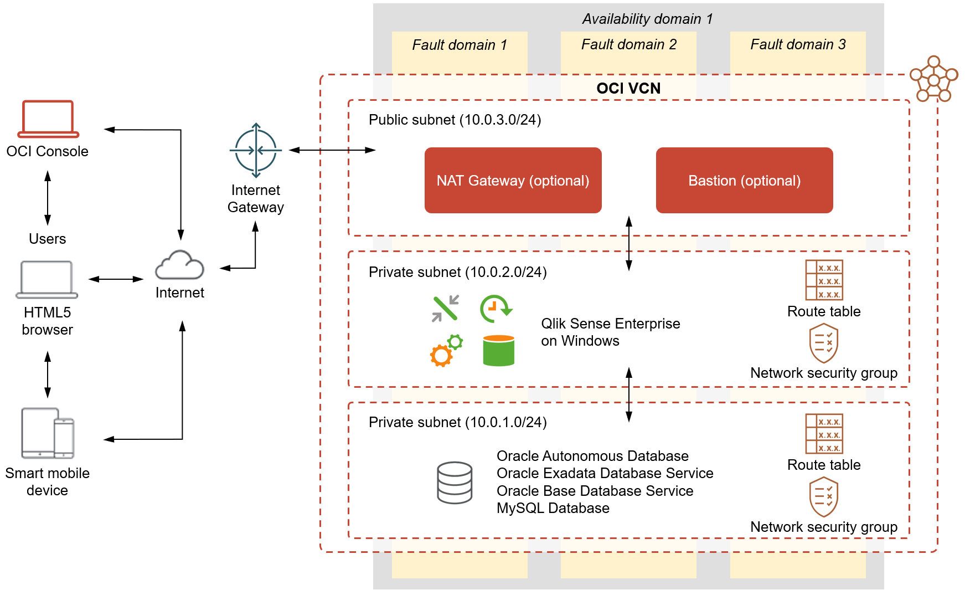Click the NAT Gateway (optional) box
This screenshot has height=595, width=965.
tap(513, 180)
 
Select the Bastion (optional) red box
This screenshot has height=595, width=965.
tap(744, 180)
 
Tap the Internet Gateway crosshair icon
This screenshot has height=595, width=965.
tap(255, 150)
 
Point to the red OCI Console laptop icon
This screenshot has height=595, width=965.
tap(48, 119)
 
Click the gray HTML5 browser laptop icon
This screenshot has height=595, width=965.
tap(47, 280)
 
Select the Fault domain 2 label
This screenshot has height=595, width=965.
tap(628, 44)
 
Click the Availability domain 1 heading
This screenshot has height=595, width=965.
tap(647, 19)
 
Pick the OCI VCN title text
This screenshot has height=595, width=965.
tap(628, 88)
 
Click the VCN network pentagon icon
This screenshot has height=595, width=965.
tap(933, 79)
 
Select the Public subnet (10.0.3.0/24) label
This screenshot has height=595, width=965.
tap(455, 120)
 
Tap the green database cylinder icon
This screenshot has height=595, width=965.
tap(498, 350)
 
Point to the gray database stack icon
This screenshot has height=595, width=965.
tap(455, 483)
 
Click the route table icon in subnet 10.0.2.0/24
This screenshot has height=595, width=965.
tap(824, 280)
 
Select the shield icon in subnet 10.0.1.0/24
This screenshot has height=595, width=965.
tap(823, 497)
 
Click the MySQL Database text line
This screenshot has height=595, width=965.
tap(553, 508)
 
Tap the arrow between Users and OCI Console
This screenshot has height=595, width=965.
tap(48, 198)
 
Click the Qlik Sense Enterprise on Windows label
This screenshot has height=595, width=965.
tap(610, 332)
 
